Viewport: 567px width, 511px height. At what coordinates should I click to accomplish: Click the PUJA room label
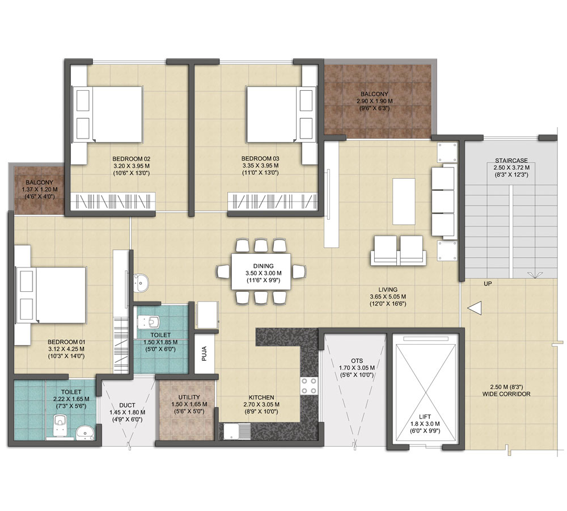point(204,354)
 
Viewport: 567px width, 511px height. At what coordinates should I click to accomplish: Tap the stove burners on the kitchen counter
point(309,386)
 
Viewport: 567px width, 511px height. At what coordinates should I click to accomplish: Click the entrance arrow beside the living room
point(475,308)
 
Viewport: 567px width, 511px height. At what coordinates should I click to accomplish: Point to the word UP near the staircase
point(488,284)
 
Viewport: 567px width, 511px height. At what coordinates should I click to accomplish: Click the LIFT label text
point(425,417)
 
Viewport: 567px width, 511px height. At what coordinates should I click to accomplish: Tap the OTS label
point(357,361)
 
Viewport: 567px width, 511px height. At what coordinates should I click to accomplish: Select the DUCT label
point(127,405)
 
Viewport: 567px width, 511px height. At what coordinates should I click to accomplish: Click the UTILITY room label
point(189,397)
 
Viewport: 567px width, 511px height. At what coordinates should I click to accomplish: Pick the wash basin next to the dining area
point(141,283)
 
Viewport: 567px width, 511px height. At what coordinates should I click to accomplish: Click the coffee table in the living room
point(404,202)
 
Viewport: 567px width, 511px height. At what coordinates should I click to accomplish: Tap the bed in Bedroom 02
point(107,114)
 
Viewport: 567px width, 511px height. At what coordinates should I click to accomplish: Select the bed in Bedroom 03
point(281,114)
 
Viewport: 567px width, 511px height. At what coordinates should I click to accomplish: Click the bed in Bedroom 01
point(51,295)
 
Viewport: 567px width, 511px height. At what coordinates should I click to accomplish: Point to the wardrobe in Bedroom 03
point(273,201)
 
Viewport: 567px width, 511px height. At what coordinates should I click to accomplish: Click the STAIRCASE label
point(511,161)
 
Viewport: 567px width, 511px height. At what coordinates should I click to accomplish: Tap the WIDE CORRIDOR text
point(506,394)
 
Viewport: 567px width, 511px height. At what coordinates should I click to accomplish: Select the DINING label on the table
point(263,266)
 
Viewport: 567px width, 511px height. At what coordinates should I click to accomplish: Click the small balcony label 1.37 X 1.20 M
point(40,190)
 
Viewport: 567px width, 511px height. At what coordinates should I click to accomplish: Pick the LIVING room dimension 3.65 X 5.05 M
point(388,296)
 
